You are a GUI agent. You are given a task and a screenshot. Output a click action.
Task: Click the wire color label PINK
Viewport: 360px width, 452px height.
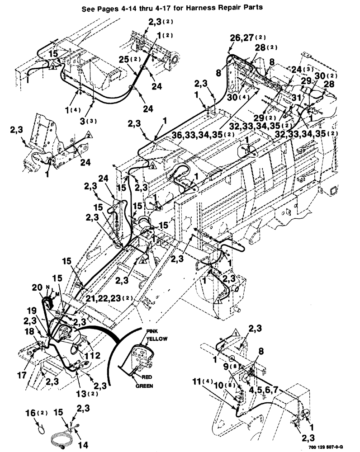(152, 331)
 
